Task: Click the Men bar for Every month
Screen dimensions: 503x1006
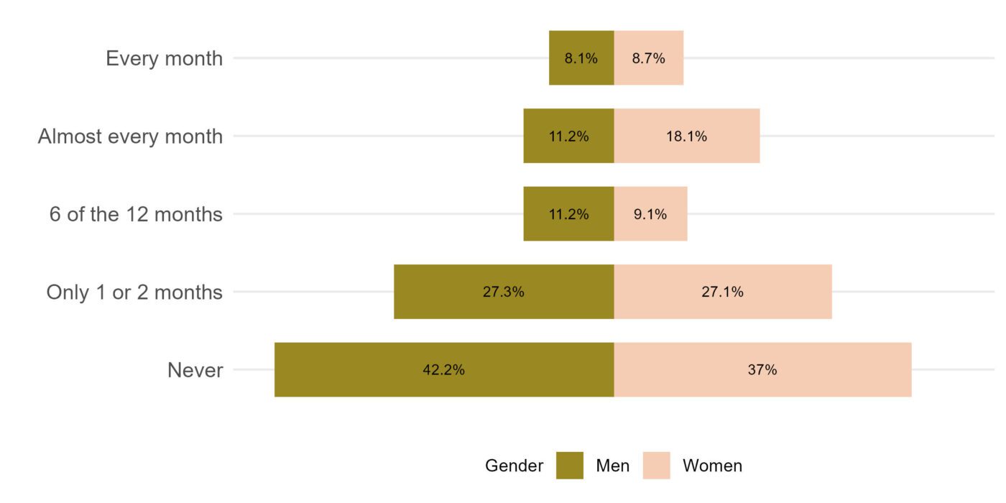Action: [581, 58]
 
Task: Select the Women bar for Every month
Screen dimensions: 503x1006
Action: [648, 58]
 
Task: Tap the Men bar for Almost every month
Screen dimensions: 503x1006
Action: [568, 136]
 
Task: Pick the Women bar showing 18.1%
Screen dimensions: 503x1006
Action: [686, 136]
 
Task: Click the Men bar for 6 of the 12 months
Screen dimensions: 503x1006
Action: [568, 214]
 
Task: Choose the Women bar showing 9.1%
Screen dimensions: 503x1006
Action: [650, 214]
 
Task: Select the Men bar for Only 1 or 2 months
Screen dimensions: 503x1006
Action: [503, 292]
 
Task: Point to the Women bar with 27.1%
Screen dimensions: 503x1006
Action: [722, 292]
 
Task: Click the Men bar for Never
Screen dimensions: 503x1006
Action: [443, 370]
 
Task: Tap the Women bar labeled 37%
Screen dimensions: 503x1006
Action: [762, 370]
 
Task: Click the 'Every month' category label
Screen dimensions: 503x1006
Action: [164, 58]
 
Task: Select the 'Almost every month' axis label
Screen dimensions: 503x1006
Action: [130, 136]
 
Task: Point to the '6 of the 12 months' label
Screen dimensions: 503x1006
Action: [136, 214]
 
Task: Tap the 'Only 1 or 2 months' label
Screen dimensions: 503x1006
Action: [134, 292]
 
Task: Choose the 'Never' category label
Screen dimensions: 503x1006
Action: [195, 371]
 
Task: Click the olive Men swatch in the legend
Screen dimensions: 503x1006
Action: [569, 466]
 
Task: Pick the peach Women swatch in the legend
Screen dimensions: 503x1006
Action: [656, 466]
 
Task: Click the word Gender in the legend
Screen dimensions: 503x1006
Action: [514, 466]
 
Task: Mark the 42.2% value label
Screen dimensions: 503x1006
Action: [443, 370]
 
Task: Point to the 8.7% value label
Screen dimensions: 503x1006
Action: [648, 58]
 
